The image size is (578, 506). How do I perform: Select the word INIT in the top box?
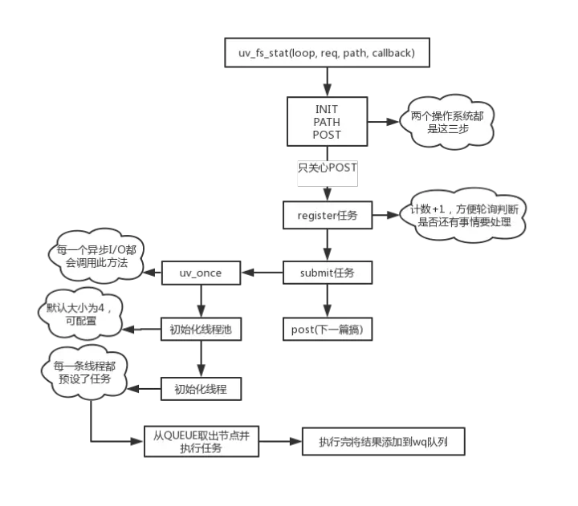pyautogui.click(x=327, y=109)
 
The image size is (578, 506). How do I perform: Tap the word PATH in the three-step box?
pyautogui.click(x=327, y=122)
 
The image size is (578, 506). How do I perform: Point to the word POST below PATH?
pyautogui.click(x=327, y=135)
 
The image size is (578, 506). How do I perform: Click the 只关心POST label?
pyautogui.click(x=327, y=168)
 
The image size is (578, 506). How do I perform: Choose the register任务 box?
pyautogui.click(x=327, y=215)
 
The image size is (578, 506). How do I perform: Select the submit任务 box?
pyautogui.click(x=327, y=273)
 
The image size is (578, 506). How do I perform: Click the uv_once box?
pyautogui.click(x=201, y=273)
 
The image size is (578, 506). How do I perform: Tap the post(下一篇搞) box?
pyautogui.click(x=327, y=330)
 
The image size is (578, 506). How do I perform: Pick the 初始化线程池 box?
pyautogui.click(x=201, y=330)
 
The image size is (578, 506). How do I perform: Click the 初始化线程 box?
pyautogui.click(x=201, y=390)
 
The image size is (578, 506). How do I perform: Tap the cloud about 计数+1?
pyautogui.click(x=466, y=215)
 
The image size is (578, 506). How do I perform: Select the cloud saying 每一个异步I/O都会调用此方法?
pyautogui.click(x=93, y=257)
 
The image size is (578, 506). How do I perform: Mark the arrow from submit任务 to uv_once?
pyautogui.click(x=263, y=273)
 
